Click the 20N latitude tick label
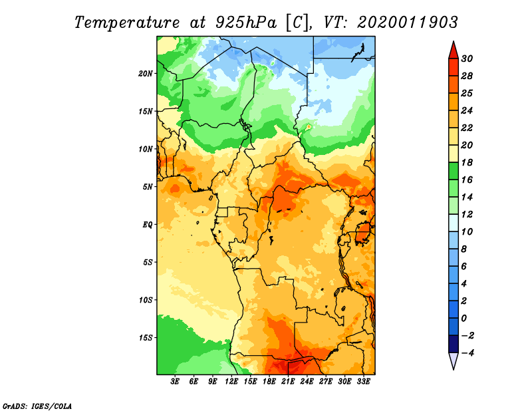[146, 74]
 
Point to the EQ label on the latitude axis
[148, 225]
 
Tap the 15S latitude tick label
[146, 338]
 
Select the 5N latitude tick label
[148, 187]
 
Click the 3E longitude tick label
[175, 381]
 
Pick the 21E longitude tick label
[288, 381]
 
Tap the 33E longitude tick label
[363, 381]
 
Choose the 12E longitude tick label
[231, 381]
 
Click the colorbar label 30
[467, 59]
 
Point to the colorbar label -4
[467, 353]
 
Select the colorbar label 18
[467, 162]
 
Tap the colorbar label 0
[464, 319]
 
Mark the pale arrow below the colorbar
[454, 360]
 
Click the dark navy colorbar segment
[454, 344]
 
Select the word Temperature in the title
[126, 23]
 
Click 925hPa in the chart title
[246, 23]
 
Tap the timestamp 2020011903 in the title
[408, 23]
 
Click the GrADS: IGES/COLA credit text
[37, 406]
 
